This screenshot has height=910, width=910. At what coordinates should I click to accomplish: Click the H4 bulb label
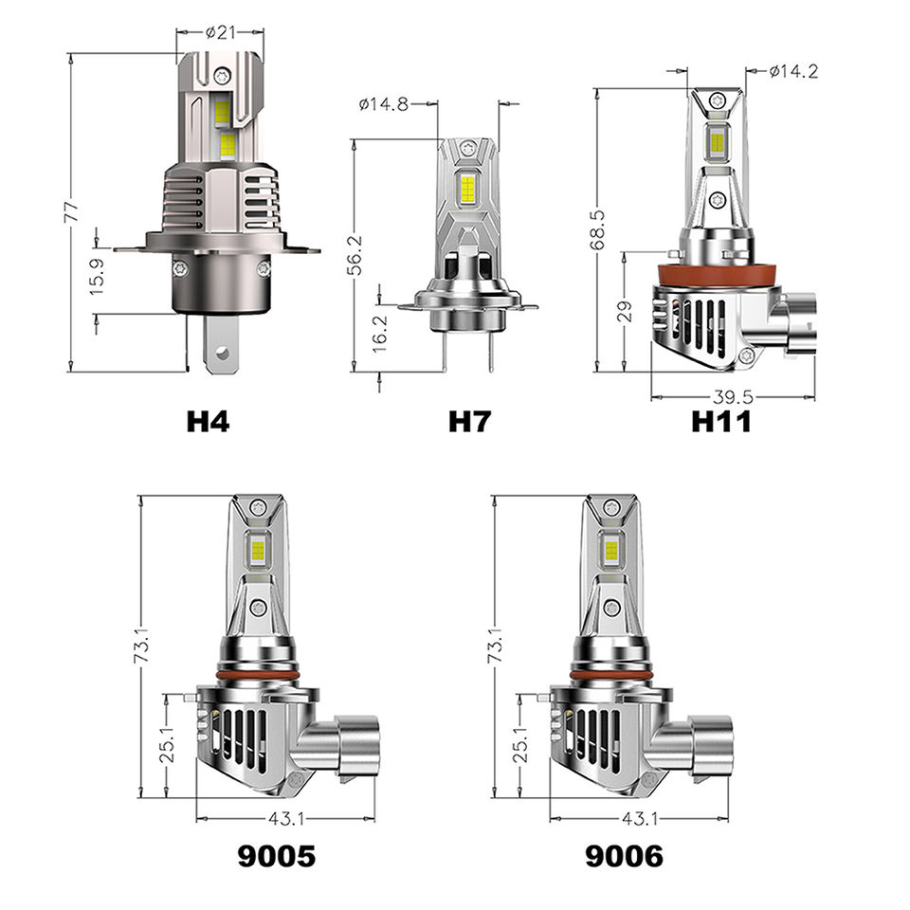click(x=208, y=422)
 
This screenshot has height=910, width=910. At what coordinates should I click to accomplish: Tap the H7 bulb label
click(x=470, y=422)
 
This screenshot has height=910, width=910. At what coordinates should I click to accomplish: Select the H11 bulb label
click(x=721, y=422)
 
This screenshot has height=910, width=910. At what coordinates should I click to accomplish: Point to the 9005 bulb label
click(x=277, y=856)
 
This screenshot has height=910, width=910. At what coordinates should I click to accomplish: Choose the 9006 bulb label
click(x=624, y=856)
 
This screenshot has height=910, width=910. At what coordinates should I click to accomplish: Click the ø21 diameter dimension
click(x=221, y=32)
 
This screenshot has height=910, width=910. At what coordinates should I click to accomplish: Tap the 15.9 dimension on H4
click(x=97, y=276)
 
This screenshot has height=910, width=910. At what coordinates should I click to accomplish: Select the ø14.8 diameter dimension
click(x=384, y=104)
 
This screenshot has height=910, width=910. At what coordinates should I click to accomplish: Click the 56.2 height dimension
click(x=355, y=255)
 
